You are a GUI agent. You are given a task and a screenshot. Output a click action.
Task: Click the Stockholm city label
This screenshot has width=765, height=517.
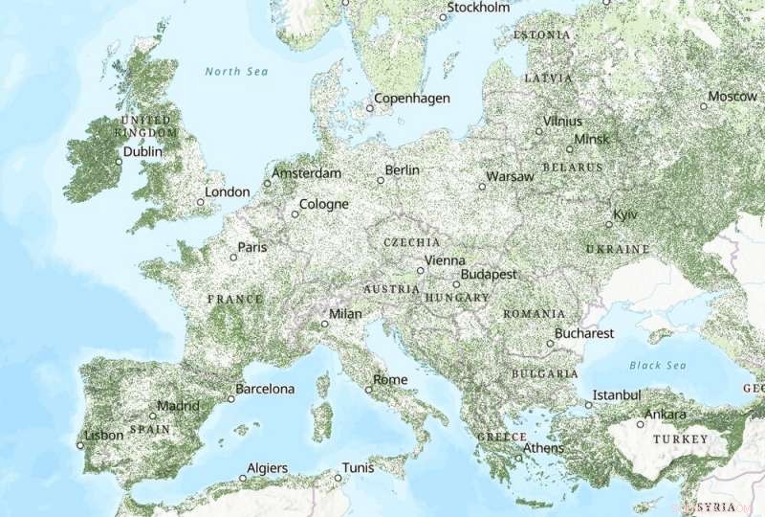pyautogui.click(x=479, y=8)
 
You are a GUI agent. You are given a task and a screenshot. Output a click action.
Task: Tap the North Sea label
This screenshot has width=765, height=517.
pyautogui.click(x=236, y=72)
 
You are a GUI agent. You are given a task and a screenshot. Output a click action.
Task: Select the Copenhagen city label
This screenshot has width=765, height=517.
pyautogui.click(x=411, y=99)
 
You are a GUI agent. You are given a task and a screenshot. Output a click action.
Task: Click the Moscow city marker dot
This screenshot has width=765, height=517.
pyautogui.click(x=703, y=106)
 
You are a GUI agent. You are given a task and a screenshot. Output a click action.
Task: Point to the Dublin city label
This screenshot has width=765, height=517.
pyautogui.click(x=142, y=151)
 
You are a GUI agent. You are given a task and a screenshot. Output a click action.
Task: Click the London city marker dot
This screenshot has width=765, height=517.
pyautogui.click(x=201, y=202)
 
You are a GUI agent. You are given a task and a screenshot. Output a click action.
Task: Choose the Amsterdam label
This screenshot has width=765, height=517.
pyautogui.click(x=307, y=173)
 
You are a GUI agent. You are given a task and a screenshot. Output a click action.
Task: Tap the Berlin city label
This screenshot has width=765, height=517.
pyautogui.click(x=402, y=170)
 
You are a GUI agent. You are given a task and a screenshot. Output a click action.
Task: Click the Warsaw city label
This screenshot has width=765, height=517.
pyautogui.click(x=510, y=177)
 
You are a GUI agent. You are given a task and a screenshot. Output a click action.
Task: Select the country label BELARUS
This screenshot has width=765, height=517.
pyautogui.click(x=573, y=167)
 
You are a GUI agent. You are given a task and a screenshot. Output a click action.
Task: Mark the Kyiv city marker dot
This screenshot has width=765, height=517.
pyautogui.click(x=609, y=224)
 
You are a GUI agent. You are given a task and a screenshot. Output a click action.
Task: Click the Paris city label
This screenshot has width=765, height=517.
pyautogui.click(x=252, y=247)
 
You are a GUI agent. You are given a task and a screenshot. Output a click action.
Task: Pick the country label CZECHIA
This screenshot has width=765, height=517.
pyautogui.click(x=412, y=243)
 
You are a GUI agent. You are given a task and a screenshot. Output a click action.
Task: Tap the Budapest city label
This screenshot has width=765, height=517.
pyautogui.click(x=489, y=275)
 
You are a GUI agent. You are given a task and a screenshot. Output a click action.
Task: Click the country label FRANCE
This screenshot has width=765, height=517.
pyautogui.click(x=234, y=299)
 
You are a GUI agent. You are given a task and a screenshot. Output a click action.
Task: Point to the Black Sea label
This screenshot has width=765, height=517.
pyautogui.click(x=658, y=366)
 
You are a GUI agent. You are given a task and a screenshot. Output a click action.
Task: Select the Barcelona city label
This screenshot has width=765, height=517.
pyautogui.click(x=266, y=389)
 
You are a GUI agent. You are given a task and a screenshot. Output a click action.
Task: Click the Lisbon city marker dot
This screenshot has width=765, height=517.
pyautogui.click(x=80, y=444)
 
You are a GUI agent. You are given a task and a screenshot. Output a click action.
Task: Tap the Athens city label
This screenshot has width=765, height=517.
pyautogui.click(x=544, y=447)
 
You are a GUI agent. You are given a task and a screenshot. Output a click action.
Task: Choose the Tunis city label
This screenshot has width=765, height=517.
pyautogui.click(x=360, y=468)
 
